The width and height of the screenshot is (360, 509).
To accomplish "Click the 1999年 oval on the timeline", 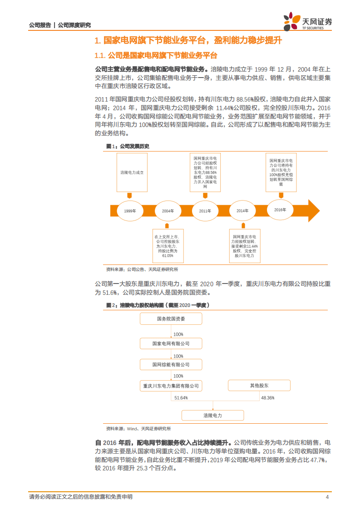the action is click(x=130, y=211).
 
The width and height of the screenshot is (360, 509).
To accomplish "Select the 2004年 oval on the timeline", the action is click(x=168, y=211).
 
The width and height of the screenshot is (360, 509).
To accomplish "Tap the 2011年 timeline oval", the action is click(x=205, y=211).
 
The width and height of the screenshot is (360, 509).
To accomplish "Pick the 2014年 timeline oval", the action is click(x=242, y=211).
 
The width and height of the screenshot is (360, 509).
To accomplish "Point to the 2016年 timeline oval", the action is click(x=280, y=209).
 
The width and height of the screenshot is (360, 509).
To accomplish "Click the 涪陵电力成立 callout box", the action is click(x=132, y=173).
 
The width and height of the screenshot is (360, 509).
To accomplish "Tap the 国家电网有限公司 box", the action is click(x=171, y=344).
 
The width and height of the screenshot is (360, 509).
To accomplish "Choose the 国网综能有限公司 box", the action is click(x=171, y=365).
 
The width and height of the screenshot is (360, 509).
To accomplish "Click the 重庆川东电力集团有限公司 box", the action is click(x=171, y=386).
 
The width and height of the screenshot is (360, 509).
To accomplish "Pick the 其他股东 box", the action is click(x=259, y=386).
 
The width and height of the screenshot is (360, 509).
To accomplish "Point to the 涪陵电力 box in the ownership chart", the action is click(x=212, y=415).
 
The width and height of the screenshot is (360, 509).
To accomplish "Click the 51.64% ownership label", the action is click(x=181, y=398).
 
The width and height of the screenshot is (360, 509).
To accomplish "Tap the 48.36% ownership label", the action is click(x=267, y=398).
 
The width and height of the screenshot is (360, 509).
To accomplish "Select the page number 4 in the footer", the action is click(x=327, y=497).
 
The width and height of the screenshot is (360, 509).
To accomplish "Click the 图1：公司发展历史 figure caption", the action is click(x=128, y=147).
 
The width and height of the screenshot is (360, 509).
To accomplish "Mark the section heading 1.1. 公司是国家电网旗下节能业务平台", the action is click(x=156, y=55).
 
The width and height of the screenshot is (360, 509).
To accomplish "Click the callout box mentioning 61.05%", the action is click(x=168, y=246).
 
